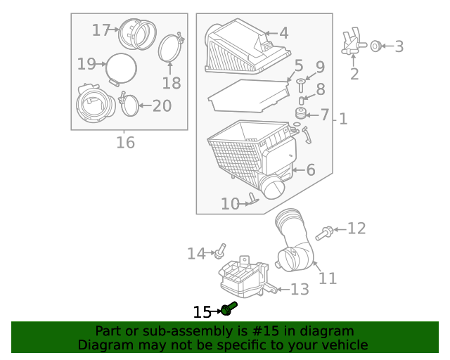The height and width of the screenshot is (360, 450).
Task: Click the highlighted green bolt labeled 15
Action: (x=228, y=309)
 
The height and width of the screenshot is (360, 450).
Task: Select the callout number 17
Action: (x=101, y=30)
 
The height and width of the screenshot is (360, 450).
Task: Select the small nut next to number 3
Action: (x=375, y=46)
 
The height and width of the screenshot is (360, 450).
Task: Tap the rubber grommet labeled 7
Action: (x=301, y=114)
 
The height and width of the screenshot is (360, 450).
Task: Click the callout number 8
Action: (x=320, y=90)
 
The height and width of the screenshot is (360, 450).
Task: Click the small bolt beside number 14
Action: (x=221, y=249)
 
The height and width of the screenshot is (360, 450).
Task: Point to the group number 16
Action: (x=124, y=143)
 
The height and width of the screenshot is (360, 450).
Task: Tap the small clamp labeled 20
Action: (x=130, y=105)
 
